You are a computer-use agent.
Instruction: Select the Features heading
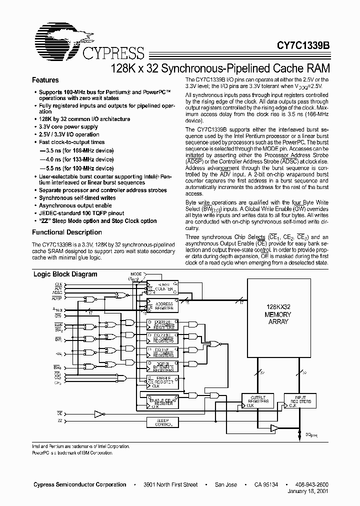tap(45, 80)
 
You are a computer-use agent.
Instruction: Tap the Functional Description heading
tap(67, 232)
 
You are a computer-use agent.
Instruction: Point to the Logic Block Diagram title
tap(65, 274)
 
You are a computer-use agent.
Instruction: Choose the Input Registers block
tap(300, 401)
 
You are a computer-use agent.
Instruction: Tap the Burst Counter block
tap(163, 287)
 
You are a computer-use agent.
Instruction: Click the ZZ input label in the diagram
tap(59, 422)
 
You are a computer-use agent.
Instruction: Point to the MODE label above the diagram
tap(136, 274)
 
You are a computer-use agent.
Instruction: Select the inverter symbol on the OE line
tap(99, 413)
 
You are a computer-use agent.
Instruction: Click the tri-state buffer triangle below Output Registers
tap(273, 427)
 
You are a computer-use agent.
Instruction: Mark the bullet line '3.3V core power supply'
tap(69, 127)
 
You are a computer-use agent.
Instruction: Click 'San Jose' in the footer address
tap(225, 485)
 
